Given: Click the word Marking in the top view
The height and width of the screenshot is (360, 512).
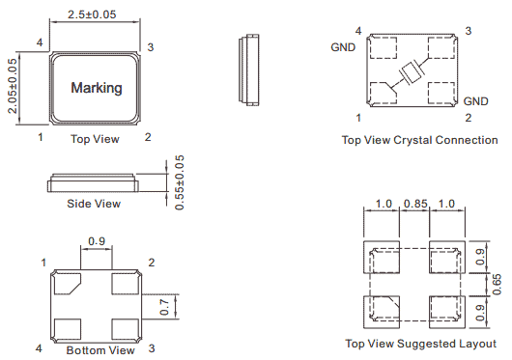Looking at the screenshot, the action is click(97, 88).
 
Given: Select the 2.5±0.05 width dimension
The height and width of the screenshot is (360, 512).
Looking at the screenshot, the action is click(92, 14).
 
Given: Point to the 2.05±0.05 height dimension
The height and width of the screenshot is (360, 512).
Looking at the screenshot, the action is click(13, 86).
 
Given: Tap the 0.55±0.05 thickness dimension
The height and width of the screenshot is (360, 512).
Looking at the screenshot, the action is click(180, 182).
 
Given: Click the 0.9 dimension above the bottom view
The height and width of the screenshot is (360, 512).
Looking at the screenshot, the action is click(97, 241).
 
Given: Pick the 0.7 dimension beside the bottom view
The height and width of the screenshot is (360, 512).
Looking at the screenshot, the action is click(164, 307).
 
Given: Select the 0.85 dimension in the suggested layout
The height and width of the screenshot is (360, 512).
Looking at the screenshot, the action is click(415, 204).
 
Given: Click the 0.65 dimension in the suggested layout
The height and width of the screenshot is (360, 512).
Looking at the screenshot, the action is click(497, 285).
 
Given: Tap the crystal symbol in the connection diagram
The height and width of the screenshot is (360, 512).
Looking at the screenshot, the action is click(412, 72).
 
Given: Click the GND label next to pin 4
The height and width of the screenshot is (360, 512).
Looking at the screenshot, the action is click(343, 47).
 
